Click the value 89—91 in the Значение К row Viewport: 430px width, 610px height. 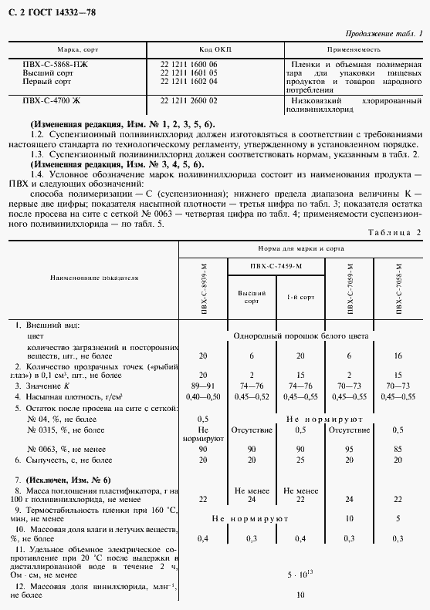[x=204, y=384]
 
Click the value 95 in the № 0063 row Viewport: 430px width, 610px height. [x=350, y=448]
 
